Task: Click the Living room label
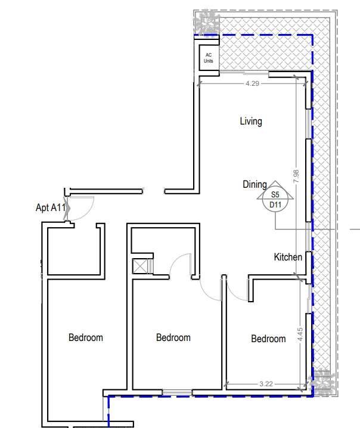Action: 251,121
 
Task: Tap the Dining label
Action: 255,185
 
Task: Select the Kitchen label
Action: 288,257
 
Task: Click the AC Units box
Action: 209,58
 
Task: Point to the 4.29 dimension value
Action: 252,83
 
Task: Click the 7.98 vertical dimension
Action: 296,176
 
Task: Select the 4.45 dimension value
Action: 300,334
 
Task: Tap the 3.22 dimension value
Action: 266,384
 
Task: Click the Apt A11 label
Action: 51,207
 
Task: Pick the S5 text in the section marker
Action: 275,194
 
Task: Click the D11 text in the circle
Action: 275,204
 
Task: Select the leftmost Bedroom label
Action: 86,337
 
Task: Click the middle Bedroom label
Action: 173,337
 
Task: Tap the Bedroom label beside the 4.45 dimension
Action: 268,339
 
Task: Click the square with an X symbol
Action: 139,266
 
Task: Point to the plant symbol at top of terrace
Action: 206,22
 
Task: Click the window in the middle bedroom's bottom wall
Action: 178,392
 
